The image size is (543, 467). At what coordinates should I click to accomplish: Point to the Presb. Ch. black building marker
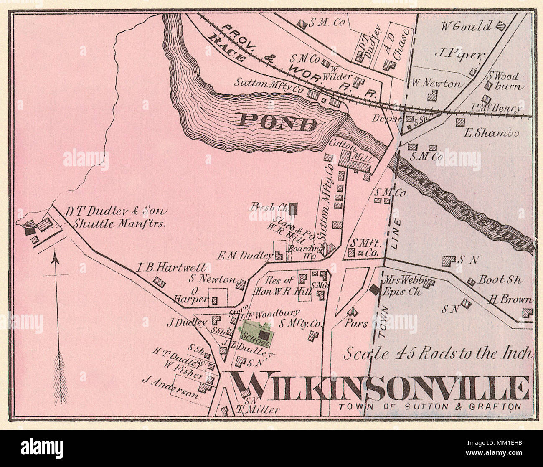(294, 208)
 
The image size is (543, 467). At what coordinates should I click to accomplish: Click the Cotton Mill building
(355, 161)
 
